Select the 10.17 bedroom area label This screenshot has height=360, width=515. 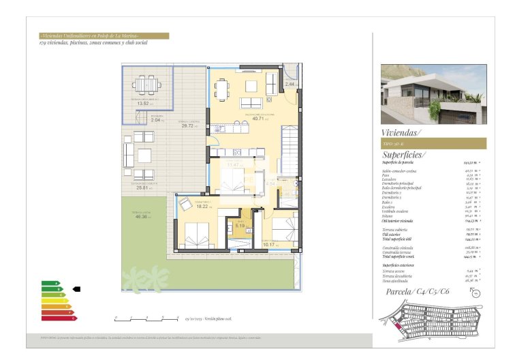click(x=270, y=244)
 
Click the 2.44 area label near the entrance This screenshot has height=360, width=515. click(x=290, y=84)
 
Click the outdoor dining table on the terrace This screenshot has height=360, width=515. click(x=146, y=85)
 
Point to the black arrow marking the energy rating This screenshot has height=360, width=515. click(x=76, y=289)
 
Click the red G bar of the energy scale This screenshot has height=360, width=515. click(x=59, y=317)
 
